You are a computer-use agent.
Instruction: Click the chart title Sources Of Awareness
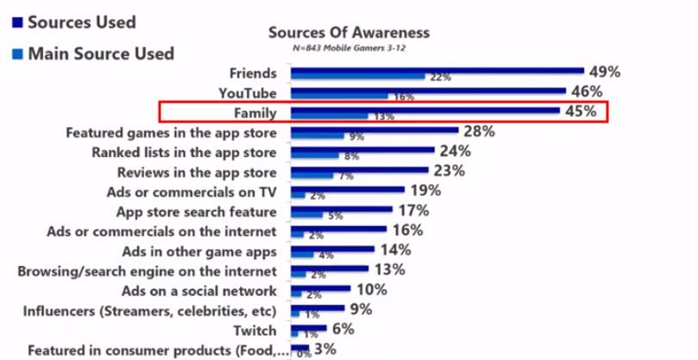pyautogui.click(x=349, y=33)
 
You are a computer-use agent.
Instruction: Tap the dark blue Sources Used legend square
pyautogui.click(x=16, y=22)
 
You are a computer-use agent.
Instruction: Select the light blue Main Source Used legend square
pyautogui.click(x=16, y=54)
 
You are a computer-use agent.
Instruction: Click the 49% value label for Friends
pyautogui.click(x=603, y=73)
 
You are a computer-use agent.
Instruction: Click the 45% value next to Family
pyautogui.click(x=582, y=111)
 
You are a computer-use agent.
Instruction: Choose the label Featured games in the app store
pyautogui.click(x=171, y=132)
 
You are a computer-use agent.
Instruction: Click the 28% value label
pyautogui.click(x=477, y=131)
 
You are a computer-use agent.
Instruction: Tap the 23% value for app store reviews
pyautogui.click(x=448, y=170)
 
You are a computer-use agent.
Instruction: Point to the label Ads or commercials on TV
pyautogui.click(x=190, y=191)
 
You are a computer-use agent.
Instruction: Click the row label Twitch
pyautogui.click(x=256, y=331)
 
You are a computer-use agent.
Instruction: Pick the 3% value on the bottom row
pyautogui.click(x=325, y=350)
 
